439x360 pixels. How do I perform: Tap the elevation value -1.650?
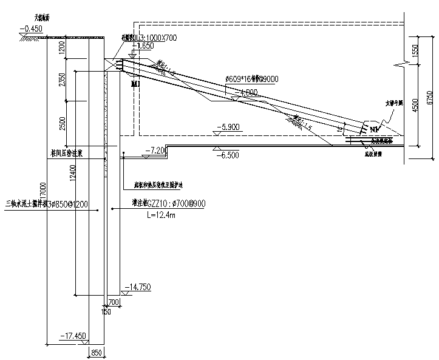145,45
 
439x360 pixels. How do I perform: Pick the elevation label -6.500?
228,155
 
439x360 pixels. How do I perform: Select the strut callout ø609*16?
240,79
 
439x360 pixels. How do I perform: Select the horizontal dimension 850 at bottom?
96,352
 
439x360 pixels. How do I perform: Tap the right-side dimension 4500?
416,104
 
